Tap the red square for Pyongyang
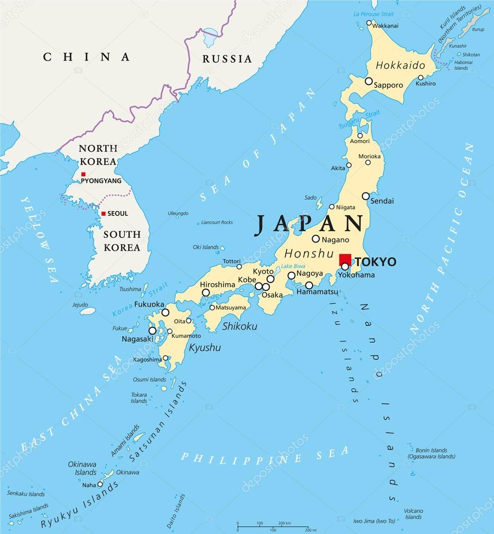[83, 174]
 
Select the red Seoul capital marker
[104, 213]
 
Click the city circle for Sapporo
[368, 81]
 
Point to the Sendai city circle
[366, 196]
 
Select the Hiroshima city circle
[206, 293]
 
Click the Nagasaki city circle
[152, 330]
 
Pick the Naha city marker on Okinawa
[100, 484]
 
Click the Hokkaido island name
[400, 66]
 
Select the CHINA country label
[87, 57]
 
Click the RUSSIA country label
[227, 58]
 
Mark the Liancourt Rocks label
[216, 223]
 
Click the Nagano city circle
[316, 239]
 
